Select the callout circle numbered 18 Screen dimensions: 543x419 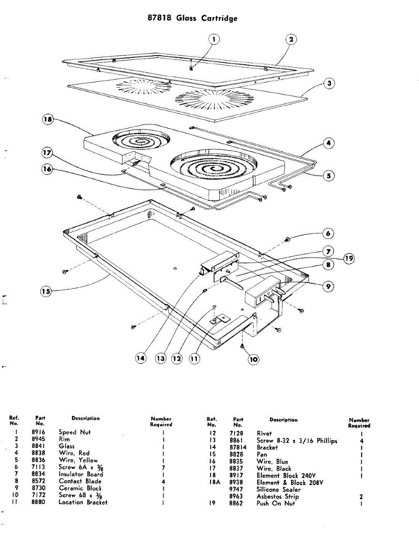pos(47,119)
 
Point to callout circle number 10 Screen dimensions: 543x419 pos(253,359)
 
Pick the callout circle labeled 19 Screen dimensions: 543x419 pos(348,258)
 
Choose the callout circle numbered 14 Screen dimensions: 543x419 pos(142,358)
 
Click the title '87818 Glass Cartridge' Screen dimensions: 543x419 pos(193,19)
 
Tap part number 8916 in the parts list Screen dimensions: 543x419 pos(39,432)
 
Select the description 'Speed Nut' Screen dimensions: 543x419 pos(75,432)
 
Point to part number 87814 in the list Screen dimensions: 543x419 pos(239,447)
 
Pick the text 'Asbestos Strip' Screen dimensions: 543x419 pos(278,496)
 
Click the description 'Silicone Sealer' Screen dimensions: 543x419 pos(278,490)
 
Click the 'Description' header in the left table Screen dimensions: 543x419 pos(85,419)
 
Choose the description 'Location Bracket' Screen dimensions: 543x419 pos(83,502)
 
